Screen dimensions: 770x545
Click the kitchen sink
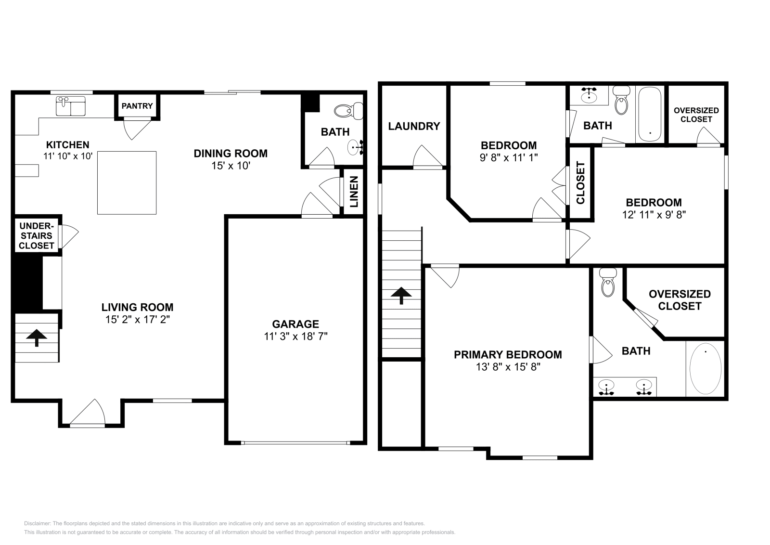71,106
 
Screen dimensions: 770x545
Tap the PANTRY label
137,106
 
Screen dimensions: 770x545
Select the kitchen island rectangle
127,183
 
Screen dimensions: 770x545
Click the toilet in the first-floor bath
348,111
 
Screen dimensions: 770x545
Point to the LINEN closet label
354,192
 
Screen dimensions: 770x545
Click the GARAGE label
295,324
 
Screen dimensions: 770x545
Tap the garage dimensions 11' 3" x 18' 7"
295,336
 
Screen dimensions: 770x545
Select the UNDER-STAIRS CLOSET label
37,236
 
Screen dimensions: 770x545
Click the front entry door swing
89,413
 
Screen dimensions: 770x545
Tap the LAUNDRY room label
414,126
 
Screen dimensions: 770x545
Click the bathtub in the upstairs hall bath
650,114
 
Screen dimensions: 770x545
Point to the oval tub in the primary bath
706,368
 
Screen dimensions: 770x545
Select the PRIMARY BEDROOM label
508,354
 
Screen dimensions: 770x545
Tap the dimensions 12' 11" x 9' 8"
654,215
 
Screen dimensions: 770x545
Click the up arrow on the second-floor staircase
401,296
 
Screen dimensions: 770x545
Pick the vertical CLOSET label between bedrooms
580,183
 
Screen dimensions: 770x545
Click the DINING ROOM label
231,154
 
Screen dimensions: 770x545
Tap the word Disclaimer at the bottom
38,523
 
